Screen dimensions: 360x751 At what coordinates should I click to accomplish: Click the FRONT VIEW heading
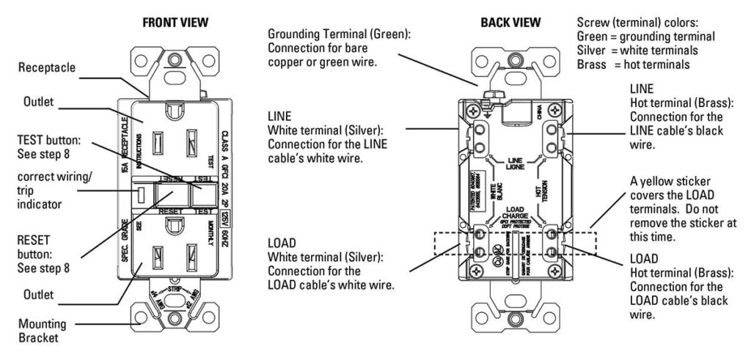coord(175,23)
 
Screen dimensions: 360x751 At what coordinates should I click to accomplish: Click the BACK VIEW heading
coord(510,23)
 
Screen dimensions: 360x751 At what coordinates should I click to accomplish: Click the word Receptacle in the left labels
coord(48,68)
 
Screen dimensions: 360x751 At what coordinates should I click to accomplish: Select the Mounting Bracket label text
coord(43,329)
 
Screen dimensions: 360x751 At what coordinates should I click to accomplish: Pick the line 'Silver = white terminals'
coord(637,50)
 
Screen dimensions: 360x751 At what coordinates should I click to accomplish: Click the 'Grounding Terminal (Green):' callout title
coord(339,34)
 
